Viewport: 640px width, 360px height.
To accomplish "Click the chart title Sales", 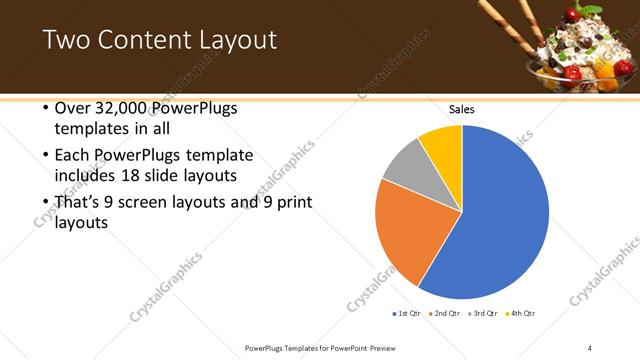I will [x=462, y=109].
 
